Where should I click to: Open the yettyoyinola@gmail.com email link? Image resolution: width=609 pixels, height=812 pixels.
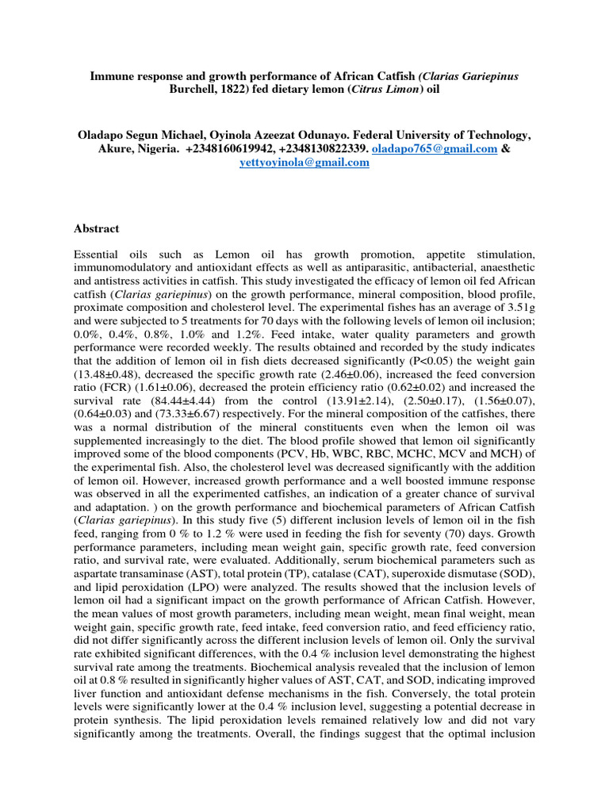(304, 162)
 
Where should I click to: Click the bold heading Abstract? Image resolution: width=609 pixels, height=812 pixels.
(96, 228)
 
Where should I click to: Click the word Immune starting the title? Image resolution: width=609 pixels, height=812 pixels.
(109, 75)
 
